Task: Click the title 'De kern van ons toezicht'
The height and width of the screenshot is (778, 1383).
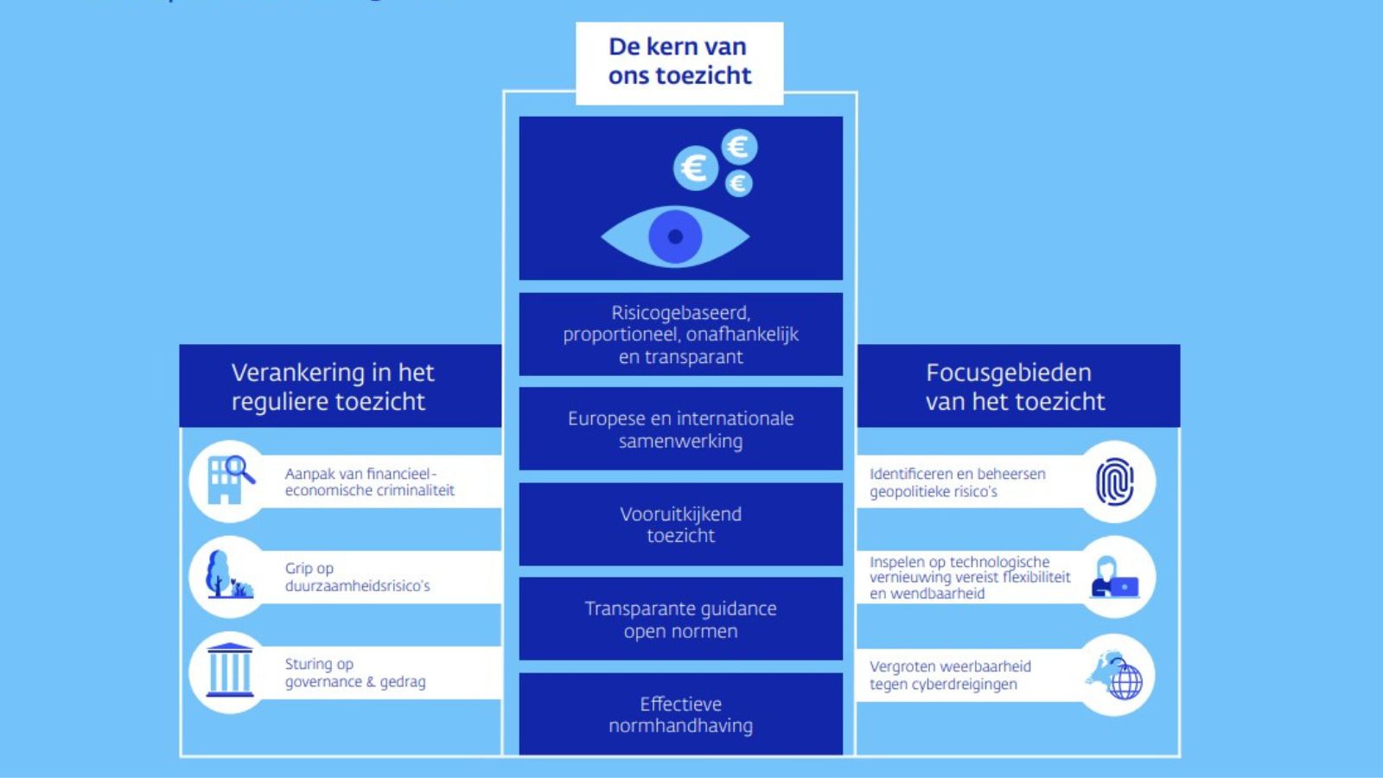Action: click(679, 61)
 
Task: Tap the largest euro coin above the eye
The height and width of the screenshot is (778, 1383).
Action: click(695, 168)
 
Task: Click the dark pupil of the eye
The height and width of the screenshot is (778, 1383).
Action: click(675, 236)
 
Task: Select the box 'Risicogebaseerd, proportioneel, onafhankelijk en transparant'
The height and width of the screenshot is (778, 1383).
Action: click(680, 335)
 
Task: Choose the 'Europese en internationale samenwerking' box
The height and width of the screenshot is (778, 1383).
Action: click(680, 430)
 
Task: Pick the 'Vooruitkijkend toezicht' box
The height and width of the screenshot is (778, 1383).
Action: click(680, 525)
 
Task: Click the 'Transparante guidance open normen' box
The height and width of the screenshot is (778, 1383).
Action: click(680, 620)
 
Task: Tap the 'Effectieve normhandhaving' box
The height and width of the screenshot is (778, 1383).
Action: click(680, 715)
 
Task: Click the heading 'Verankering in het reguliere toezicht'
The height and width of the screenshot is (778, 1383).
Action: click(333, 386)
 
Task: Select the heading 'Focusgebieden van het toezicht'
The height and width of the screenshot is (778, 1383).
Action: click(1015, 386)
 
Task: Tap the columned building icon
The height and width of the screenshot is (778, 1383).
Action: click(230, 671)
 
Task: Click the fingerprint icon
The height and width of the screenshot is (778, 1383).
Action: click(1115, 481)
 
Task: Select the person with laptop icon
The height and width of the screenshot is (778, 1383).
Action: click(1115, 577)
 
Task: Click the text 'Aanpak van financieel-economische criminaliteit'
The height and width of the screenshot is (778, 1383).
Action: click(369, 481)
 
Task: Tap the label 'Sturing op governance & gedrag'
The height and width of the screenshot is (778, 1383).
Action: click(355, 673)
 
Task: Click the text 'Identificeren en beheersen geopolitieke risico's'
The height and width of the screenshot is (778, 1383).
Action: click(957, 482)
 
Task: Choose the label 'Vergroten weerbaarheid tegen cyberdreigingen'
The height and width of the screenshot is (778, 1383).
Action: click(950, 675)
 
